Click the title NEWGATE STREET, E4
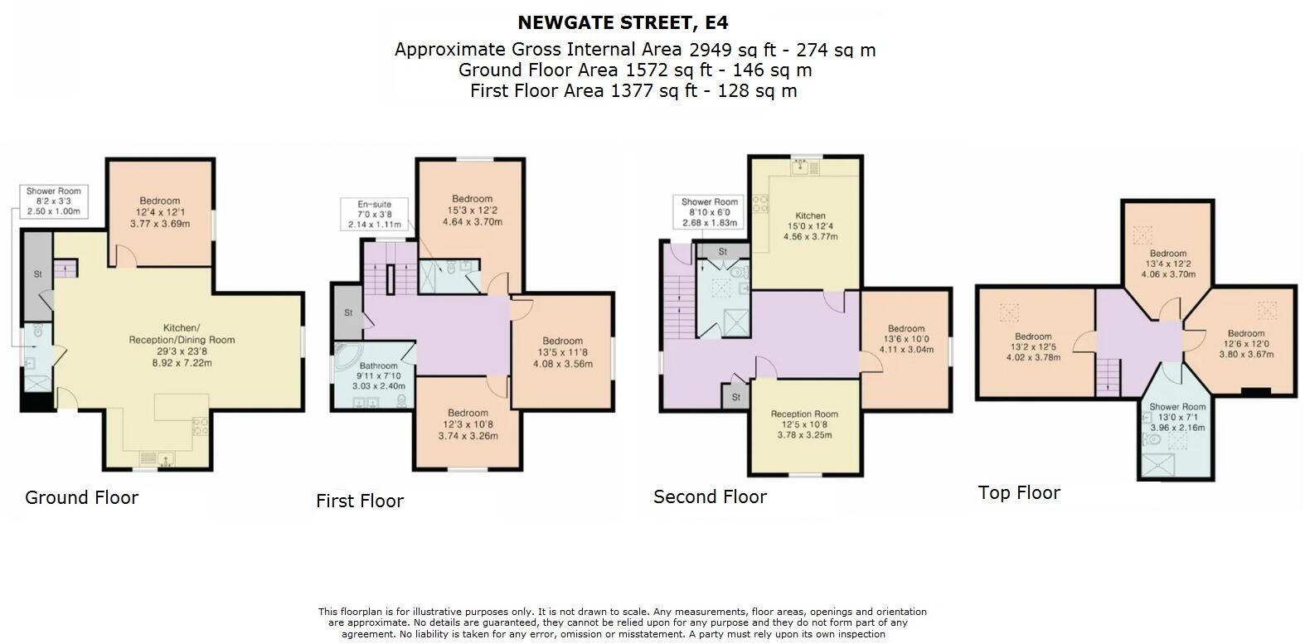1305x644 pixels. pos(623,22)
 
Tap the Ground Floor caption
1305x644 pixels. pos(81,497)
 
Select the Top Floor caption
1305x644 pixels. pos(1019,492)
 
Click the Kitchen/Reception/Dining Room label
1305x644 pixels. pos(182,339)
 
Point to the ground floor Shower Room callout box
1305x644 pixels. pos(53,201)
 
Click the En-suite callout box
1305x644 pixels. pos(374,214)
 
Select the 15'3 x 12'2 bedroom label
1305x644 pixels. pos(472,211)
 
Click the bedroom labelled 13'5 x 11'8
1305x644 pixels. pos(562,351)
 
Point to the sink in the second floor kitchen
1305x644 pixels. pos(801,165)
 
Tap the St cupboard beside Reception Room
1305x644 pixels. pos(735,398)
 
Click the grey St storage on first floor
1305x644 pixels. pos(348,312)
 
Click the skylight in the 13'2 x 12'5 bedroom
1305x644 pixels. pos(1008,312)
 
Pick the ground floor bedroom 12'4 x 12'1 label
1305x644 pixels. pos(159,211)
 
